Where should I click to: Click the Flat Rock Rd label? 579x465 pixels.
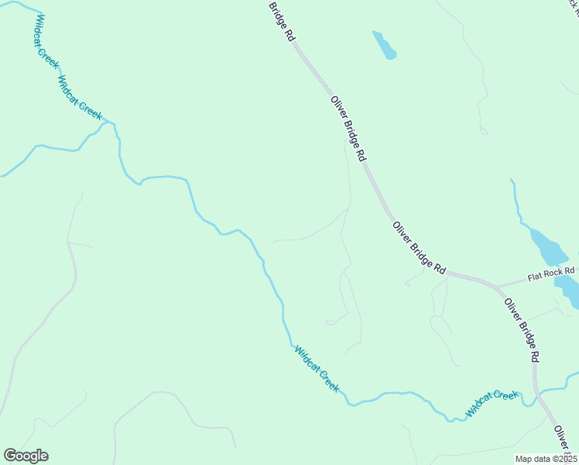point(551,274)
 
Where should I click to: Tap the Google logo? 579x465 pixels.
point(26,456)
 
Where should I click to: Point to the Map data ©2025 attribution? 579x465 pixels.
point(546,459)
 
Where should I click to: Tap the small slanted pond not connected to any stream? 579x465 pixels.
point(384,45)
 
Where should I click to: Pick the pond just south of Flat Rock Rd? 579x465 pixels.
point(568,291)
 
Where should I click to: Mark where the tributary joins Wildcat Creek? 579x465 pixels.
point(115,125)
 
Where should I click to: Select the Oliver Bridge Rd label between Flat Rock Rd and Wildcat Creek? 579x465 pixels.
point(522,330)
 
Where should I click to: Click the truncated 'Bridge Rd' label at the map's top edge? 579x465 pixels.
point(282,21)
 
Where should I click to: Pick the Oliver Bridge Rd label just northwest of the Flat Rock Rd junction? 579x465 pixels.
point(419,247)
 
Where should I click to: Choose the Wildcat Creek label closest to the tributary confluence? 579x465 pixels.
point(80,98)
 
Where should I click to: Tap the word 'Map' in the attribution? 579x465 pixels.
point(525,459)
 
